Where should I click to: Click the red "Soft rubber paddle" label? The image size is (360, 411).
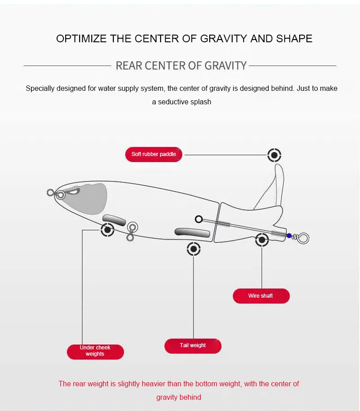pyautogui.click(x=153, y=154)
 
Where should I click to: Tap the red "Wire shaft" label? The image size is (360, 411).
pyautogui.click(x=261, y=296)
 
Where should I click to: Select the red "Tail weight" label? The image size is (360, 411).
pyautogui.click(x=193, y=345)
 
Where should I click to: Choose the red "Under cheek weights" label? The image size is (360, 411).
pyautogui.click(x=95, y=351)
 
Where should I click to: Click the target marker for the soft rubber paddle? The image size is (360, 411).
pyautogui.click(x=274, y=155)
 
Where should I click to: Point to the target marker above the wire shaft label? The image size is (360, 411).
pyautogui.click(x=262, y=240)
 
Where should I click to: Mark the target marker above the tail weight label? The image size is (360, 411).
pyautogui.click(x=193, y=248)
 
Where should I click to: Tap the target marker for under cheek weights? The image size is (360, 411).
pyautogui.click(x=107, y=230)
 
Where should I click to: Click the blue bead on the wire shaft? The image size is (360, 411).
pyautogui.click(x=289, y=235)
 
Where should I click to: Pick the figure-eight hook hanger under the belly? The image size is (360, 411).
pyautogui.click(x=131, y=231)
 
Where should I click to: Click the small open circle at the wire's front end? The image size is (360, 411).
pyautogui.click(x=199, y=219)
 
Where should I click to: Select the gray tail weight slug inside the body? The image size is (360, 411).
pyautogui.click(x=192, y=232)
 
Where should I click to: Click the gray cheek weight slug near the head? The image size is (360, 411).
pyautogui.click(x=114, y=220)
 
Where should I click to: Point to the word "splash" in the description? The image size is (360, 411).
pyautogui.click(x=201, y=102)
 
